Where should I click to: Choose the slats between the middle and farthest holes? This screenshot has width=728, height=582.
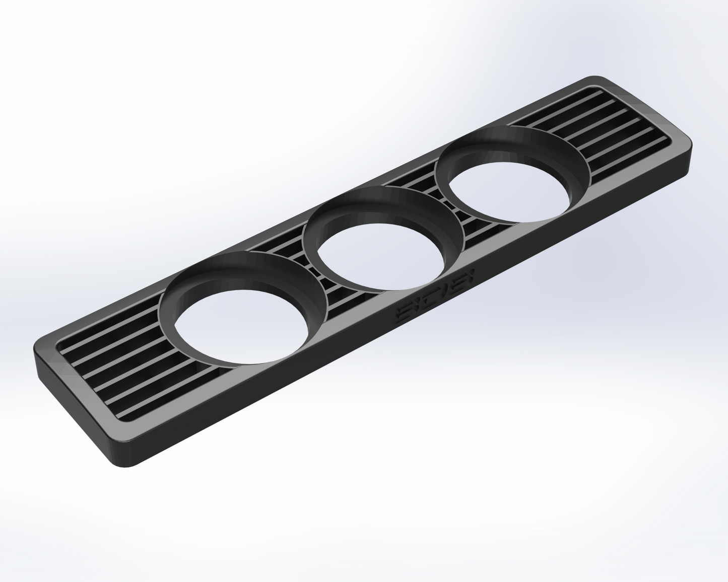(443, 211)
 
